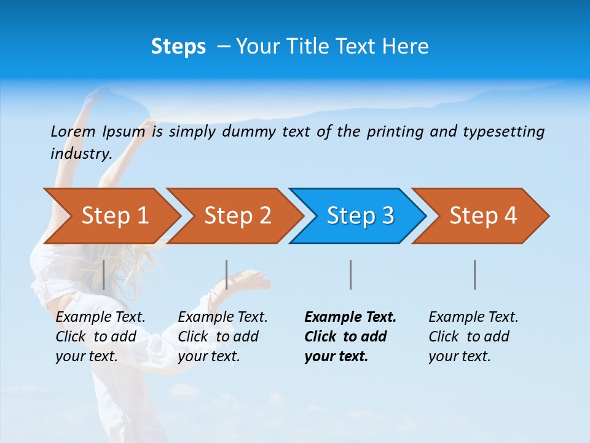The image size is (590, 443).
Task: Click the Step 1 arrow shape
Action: (x=114, y=216)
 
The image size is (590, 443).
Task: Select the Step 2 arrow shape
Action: (x=237, y=216)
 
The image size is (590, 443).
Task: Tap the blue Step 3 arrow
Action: (x=360, y=216)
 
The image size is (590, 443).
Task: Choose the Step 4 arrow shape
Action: (x=483, y=216)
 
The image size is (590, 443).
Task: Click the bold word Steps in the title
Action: (x=178, y=47)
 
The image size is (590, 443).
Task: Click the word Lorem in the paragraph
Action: (x=73, y=131)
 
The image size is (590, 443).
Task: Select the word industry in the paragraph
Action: (x=81, y=153)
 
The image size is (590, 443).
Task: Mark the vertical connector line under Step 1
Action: (x=104, y=274)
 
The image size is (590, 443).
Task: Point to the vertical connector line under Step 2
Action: (x=227, y=274)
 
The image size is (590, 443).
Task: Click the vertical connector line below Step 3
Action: (x=351, y=274)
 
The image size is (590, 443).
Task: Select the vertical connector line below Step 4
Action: (x=475, y=274)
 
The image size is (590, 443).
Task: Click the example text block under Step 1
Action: (x=100, y=337)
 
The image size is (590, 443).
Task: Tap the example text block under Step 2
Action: (x=222, y=337)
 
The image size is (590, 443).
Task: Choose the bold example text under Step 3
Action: (x=350, y=337)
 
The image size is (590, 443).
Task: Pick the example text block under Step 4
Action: (x=473, y=337)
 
